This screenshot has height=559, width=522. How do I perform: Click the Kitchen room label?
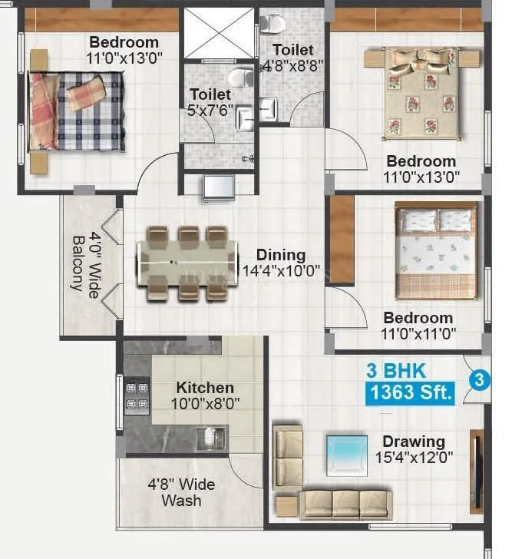tap(205, 388)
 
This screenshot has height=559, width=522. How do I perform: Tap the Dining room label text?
tap(281, 255)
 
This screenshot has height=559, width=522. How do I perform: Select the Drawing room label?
tap(414, 442)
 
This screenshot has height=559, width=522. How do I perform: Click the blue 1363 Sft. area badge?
tap(411, 393)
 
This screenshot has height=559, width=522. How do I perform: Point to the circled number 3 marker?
tap(478, 379)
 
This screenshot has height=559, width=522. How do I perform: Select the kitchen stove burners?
tap(137, 395)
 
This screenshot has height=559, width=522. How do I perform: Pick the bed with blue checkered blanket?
tap(77, 111)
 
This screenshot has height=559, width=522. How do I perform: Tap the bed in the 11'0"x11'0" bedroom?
tap(435, 251)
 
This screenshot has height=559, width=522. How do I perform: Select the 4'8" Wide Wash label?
tap(182, 492)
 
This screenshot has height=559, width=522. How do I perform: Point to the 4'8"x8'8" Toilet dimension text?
tap(293, 65)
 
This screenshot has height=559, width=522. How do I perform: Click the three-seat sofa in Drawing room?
tap(345, 504)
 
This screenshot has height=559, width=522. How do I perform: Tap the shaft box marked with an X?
tap(218, 33)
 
